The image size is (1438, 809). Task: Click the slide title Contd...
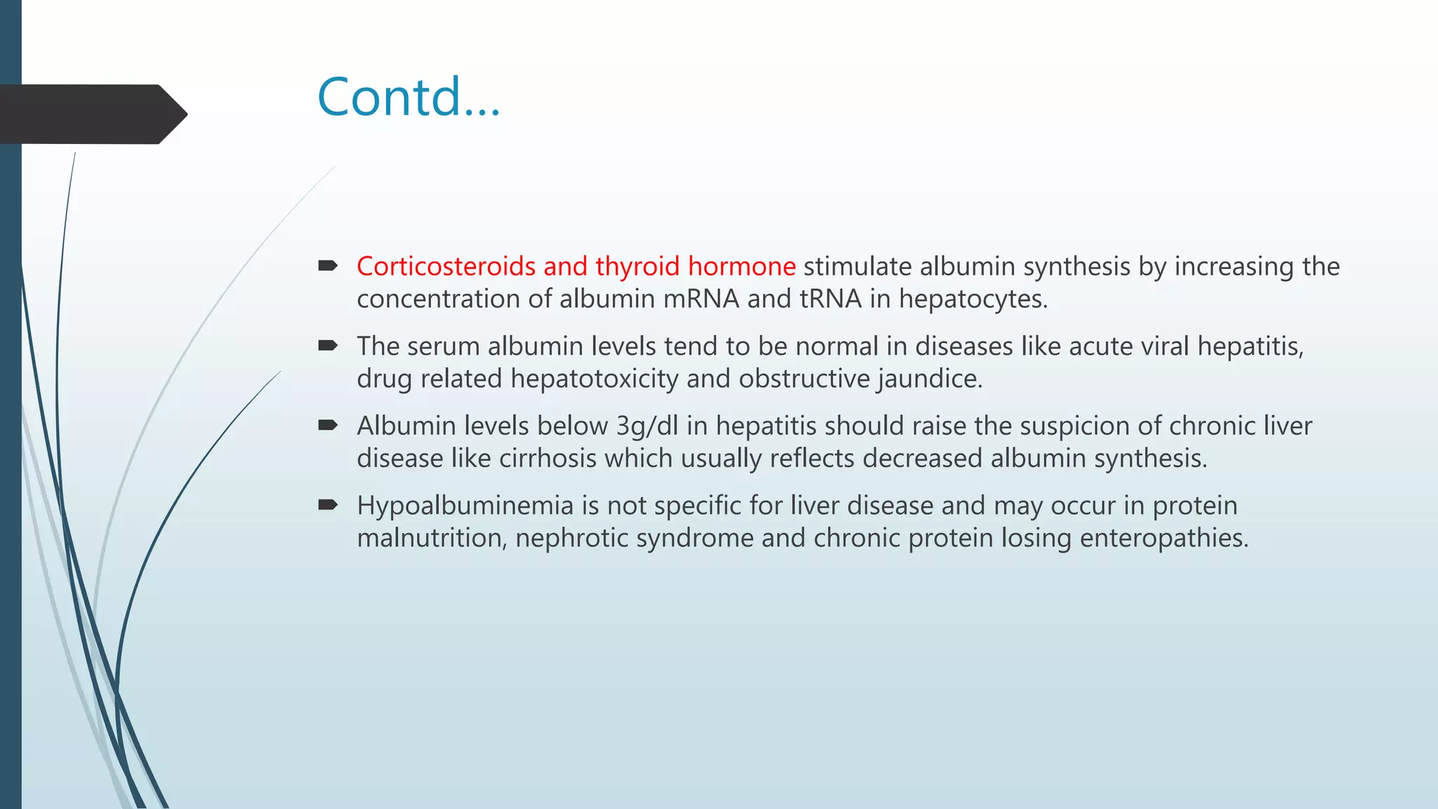409,97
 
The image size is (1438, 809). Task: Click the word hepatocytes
973,300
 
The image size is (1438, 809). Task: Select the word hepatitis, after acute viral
1250,346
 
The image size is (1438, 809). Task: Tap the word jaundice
930,379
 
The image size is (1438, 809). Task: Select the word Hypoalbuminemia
465,506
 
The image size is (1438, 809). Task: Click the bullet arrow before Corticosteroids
328,266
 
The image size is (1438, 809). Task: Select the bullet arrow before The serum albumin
328,346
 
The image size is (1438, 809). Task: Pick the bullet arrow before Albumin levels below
328,425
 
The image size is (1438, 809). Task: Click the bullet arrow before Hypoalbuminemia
328,504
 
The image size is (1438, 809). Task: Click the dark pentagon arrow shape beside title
91,114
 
